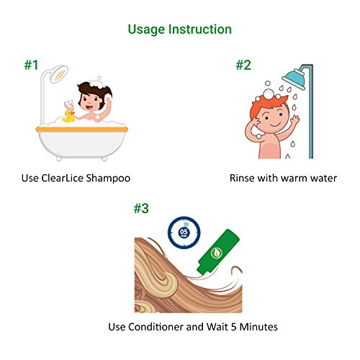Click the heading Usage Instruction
(179, 30)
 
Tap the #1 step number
(30, 65)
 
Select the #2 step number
(243, 65)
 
